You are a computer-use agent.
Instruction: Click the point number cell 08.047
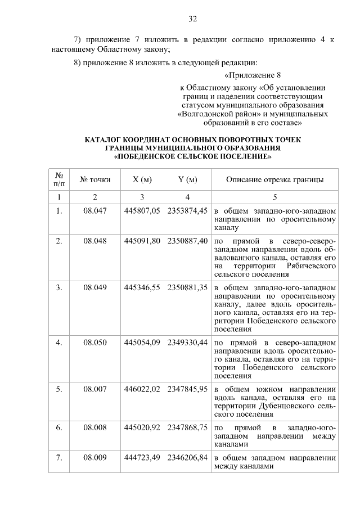95,210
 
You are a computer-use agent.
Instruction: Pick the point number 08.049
95,287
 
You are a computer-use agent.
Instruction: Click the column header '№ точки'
95,180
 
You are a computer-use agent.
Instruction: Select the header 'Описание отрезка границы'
274,180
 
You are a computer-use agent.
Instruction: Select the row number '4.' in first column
59,341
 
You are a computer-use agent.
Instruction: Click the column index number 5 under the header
274,197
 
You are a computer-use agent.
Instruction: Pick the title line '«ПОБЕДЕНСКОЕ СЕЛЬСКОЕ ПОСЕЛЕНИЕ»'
192,156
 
